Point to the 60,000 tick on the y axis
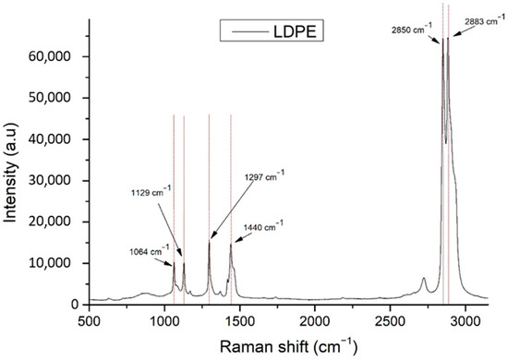tap(60, 56)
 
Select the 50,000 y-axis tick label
tap(60, 98)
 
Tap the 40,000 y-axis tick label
tap(60, 139)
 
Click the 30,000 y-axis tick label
tap(60, 181)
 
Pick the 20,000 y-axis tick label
tap(60, 222)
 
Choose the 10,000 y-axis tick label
tap(60, 263)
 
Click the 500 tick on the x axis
tap(89, 320)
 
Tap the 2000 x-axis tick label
tap(315, 320)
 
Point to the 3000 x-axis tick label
tap(466, 320)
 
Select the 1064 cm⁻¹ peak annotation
tap(147, 249)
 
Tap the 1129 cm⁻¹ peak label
tap(150, 192)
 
